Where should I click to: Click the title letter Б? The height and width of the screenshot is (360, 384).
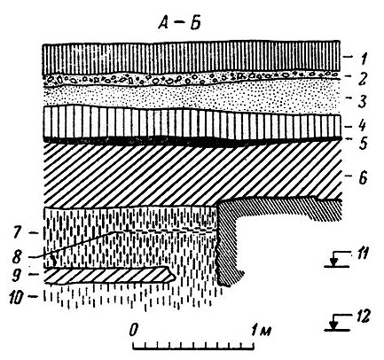coord(195,23)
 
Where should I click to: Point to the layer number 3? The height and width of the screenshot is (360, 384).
coord(362,100)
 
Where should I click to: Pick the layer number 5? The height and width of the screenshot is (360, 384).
coord(362,143)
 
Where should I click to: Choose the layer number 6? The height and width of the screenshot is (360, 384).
coord(361,178)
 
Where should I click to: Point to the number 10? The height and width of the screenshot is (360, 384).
coord(17,296)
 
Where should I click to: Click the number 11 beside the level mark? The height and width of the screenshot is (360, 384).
coord(360,254)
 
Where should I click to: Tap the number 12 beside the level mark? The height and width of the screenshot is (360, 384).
coord(361,317)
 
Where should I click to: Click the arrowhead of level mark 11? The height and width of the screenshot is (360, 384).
coord(334,262)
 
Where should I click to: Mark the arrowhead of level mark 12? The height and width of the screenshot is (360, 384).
coord(334,325)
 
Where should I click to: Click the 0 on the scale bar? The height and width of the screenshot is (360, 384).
coord(134,329)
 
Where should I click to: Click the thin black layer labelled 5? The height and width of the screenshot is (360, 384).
coord(192,140)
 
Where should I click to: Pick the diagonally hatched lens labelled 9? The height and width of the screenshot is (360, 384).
coord(109,276)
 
